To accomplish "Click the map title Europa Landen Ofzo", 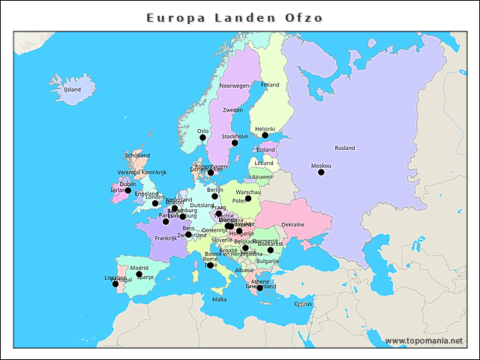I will [x=235, y=17].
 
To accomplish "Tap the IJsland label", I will [x=72, y=89].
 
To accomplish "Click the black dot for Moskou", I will [x=321, y=172].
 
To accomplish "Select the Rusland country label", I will [x=345, y=148].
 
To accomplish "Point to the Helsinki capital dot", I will [x=265, y=136].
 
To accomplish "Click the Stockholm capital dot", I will [x=235, y=142].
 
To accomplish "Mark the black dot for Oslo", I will [x=202, y=138].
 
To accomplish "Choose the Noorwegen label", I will [x=234, y=86].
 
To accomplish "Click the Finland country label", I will [x=269, y=85].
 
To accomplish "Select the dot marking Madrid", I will [x=139, y=274].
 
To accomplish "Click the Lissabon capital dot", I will [x=115, y=283].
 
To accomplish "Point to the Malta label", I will [x=219, y=299].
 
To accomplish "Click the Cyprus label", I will [x=303, y=304].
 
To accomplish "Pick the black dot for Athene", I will [x=259, y=288].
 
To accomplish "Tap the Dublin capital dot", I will [x=128, y=190].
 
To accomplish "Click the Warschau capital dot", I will [x=248, y=199].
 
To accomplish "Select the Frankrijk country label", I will [x=165, y=238].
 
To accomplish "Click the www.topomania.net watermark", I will [x=424, y=341].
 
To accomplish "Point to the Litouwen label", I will [x=261, y=177].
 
